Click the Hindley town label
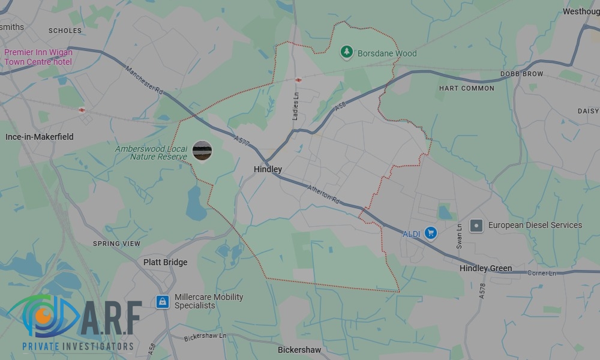[268, 170]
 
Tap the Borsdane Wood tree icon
[346, 53]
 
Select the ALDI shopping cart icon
[430, 233]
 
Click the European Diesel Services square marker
[476, 226]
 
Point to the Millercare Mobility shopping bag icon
[162, 301]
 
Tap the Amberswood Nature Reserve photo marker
[202, 151]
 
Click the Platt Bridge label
[165, 262]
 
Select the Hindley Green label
[485, 268]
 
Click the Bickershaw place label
[299, 350]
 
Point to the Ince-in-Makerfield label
[40, 137]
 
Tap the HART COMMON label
[467, 88]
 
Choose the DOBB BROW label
[521, 74]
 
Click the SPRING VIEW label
[116, 244]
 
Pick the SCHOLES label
[65, 31]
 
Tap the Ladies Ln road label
[295, 106]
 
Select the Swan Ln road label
[460, 236]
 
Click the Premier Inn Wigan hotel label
[38, 57]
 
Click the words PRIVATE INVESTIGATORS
[78, 346]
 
